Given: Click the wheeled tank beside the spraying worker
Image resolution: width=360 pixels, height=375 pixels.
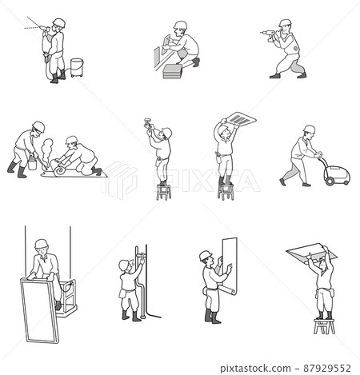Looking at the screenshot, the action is (x=77, y=68).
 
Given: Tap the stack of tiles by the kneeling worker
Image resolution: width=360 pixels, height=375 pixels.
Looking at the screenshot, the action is (x=172, y=71).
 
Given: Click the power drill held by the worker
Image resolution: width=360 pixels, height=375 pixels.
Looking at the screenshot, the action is (x=269, y=34).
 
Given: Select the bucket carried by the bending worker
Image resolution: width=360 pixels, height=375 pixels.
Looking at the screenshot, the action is (x=32, y=163).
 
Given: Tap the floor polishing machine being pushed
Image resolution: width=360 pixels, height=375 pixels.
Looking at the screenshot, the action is (x=336, y=174).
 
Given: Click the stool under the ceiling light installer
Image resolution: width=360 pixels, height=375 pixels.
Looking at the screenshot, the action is (x=163, y=192).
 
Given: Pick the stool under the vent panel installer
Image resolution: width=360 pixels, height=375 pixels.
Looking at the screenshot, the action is (x=226, y=191).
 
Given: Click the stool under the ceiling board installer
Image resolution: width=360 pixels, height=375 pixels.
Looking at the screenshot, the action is (x=324, y=325).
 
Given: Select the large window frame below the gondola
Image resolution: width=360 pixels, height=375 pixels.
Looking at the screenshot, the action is (x=40, y=310).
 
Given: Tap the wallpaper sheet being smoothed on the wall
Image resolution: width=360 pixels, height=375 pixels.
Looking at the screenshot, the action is (x=228, y=265).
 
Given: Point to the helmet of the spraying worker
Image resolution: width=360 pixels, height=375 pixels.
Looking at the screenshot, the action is (x=59, y=22).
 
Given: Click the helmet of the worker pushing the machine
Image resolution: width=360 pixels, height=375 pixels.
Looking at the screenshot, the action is (x=310, y=129).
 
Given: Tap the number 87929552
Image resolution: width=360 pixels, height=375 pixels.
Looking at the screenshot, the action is (x=327, y=369).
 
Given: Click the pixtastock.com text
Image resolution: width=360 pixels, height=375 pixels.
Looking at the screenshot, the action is (x=255, y=369).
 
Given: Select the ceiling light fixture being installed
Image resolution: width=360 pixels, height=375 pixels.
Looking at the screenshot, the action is (x=148, y=123).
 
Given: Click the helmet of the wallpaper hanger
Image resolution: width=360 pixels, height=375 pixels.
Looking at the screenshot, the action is (x=206, y=256).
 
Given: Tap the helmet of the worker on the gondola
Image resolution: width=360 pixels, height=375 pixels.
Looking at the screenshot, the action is (x=42, y=243).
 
